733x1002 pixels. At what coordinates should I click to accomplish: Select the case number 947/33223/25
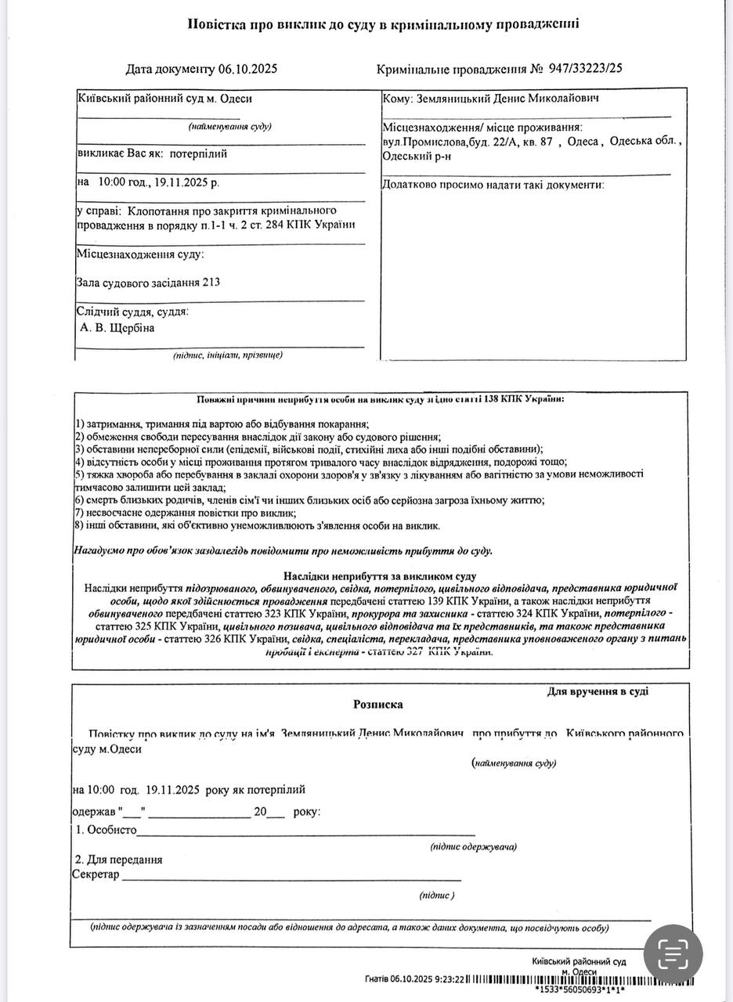[x=586, y=69]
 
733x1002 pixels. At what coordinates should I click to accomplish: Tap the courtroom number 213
[x=211, y=283]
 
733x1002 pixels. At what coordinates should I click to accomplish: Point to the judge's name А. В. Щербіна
[x=117, y=328]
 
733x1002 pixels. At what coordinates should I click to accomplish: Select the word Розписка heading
[x=378, y=705]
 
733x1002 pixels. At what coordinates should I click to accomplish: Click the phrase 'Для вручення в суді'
[x=598, y=691]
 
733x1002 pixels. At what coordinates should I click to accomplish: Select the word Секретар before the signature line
[x=96, y=874]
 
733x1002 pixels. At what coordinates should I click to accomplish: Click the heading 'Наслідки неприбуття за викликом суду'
[x=380, y=576]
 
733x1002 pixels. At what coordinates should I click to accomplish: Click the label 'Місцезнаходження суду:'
[x=140, y=254]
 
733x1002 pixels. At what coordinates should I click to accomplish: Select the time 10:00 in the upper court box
[x=112, y=182]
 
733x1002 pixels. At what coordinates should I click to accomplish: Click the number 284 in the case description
[x=283, y=225]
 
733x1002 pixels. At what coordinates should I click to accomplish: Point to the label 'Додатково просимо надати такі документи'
[x=493, y=185]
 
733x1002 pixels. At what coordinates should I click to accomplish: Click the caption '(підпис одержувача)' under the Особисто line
[x=473, y=847]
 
